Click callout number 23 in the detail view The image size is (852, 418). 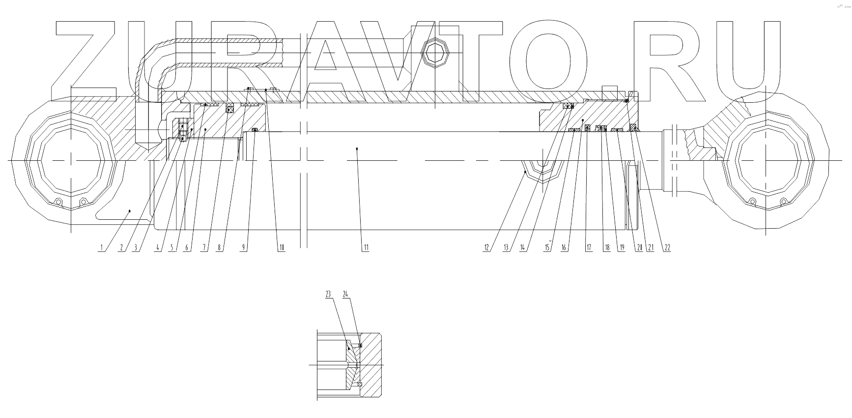(x=328, y=294)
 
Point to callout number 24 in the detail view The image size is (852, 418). (x=346, y=294)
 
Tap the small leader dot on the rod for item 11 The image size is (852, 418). (x=357, y=148)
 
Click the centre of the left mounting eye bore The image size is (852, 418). (x=72, y=160)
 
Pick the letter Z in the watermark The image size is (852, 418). (x=86, y=61)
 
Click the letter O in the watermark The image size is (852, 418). (x=547, y=61)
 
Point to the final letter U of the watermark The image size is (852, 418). (x=748, y=61)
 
